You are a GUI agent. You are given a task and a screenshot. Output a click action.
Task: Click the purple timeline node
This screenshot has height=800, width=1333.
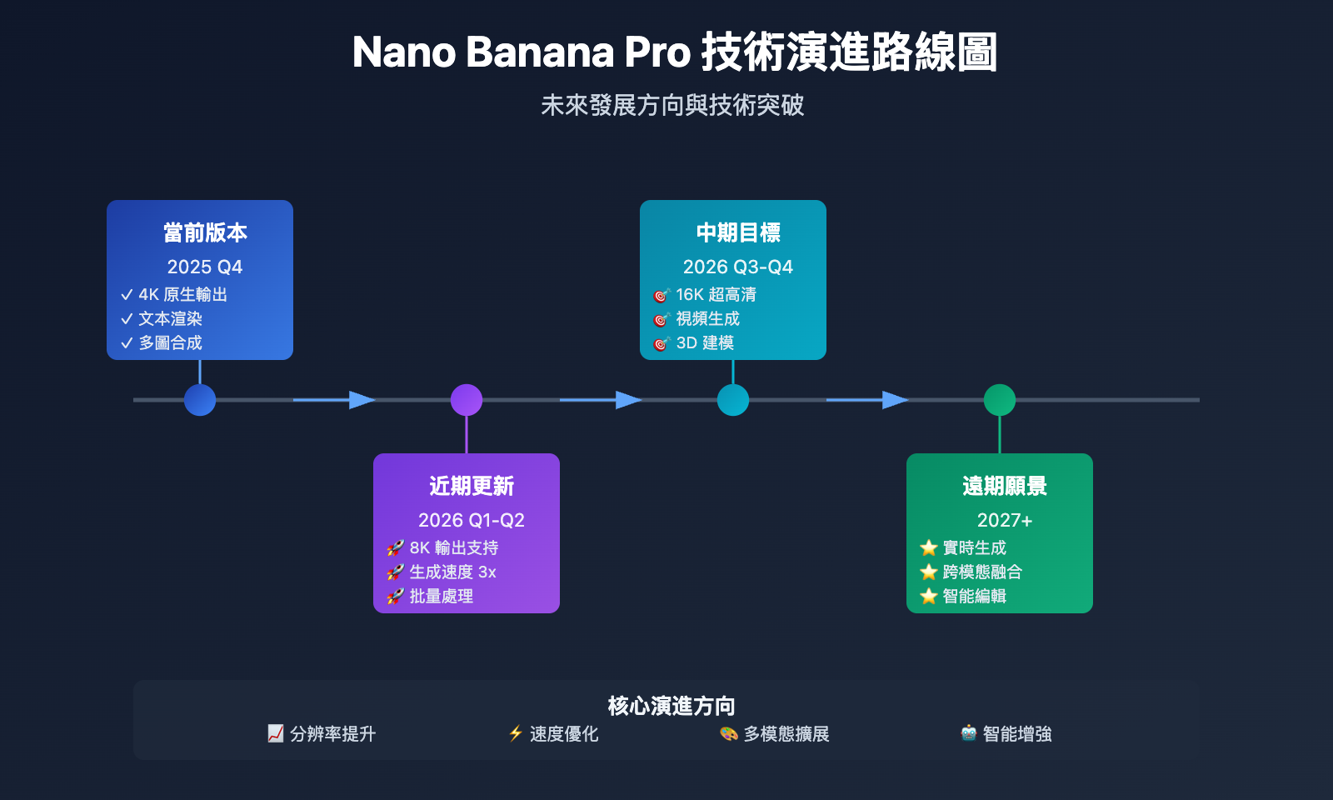pos(467,400)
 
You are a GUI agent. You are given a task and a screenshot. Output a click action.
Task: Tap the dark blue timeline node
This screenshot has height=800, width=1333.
pos(200,400)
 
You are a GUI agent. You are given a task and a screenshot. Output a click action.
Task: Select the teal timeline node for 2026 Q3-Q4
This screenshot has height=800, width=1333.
pos(733,400)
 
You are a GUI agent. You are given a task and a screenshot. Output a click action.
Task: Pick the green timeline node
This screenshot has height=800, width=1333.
pos(1000,400)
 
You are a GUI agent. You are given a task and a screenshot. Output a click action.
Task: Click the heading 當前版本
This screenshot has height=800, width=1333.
pos(205,232)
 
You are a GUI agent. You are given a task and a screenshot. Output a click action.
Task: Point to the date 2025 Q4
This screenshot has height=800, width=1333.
pos(205,267)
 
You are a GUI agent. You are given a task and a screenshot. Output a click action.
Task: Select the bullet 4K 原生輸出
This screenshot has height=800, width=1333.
pos(182,294)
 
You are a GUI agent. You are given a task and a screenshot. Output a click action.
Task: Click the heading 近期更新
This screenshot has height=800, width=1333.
pos(472,486)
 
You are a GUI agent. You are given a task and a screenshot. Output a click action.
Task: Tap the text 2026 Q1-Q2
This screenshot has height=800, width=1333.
pos(472,520)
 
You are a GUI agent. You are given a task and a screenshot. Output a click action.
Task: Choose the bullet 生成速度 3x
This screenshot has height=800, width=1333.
pos(452,572)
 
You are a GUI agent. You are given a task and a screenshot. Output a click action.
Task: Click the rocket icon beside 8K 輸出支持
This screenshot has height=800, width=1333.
pos(395,548)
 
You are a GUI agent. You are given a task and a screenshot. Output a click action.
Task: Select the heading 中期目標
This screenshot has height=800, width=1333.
pos(738,232)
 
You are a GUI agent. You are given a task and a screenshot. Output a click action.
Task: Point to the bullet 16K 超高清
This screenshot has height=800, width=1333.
pos(716,294)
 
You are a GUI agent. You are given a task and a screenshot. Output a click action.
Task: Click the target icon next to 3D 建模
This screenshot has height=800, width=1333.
pos(662,343)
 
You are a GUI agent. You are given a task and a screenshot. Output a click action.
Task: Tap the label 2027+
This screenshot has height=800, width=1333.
pos(1005,520)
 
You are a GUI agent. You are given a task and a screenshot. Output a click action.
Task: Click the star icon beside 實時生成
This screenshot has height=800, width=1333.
pos(928,547)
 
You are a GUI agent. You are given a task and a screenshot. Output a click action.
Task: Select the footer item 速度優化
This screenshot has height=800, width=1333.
pos(564,734)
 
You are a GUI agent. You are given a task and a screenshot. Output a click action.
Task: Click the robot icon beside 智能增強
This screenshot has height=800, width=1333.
pos(968,733)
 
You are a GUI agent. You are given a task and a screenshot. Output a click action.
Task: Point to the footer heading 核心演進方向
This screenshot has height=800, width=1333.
pos(671,706)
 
